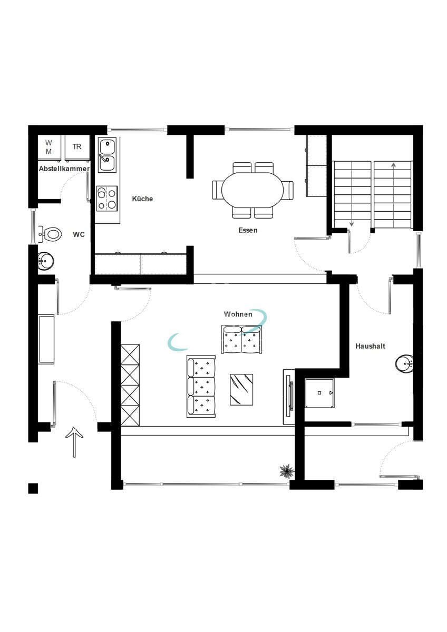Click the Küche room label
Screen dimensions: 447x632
pos(142,199)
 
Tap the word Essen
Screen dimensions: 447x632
pos(248,230)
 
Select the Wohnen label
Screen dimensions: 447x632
pos(238,314)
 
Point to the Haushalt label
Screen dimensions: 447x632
pos(370,346)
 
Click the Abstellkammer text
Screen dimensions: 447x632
pos(64,169)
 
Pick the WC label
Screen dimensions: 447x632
pos(79,234)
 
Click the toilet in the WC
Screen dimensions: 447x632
pos(50,234)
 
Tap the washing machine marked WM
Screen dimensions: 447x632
pos(48,148)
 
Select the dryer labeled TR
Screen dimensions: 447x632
pos(77,148)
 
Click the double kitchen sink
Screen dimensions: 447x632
pos(107,155)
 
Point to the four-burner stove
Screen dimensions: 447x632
pos(107,199)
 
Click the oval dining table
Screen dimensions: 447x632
pos(252,190)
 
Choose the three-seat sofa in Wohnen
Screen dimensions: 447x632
pos(201,386)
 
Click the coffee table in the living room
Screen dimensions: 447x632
pos(241,390)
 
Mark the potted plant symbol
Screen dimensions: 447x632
pos(287,471)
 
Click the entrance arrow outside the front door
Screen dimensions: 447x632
pos(74,442)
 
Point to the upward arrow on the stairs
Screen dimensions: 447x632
pos(393,195)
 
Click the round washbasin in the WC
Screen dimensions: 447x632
pos(45,261)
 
